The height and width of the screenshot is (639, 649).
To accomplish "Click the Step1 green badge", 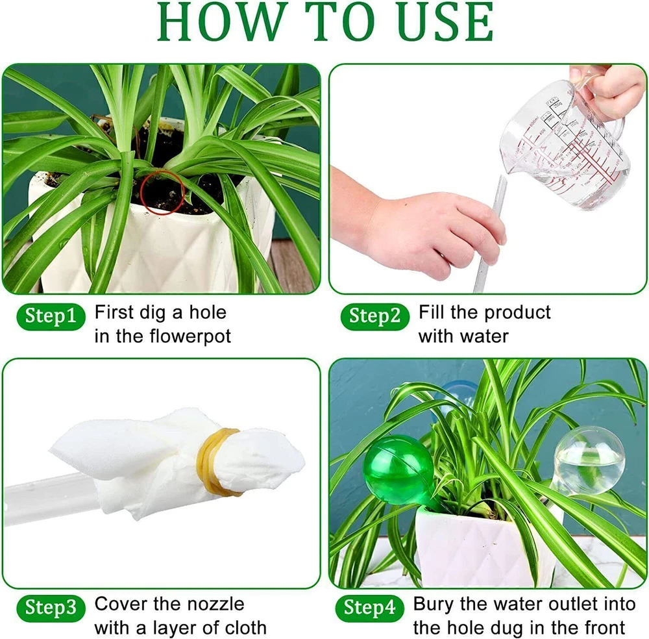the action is (51, 316).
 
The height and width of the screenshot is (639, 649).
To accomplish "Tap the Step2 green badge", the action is (375, 316).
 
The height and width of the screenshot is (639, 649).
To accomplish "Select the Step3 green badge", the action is (51, 608).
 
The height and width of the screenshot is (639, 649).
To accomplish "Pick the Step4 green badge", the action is (370, 608).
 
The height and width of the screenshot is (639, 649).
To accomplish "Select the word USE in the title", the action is (445, 21).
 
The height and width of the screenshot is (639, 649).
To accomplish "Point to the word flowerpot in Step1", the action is (190, 336).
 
